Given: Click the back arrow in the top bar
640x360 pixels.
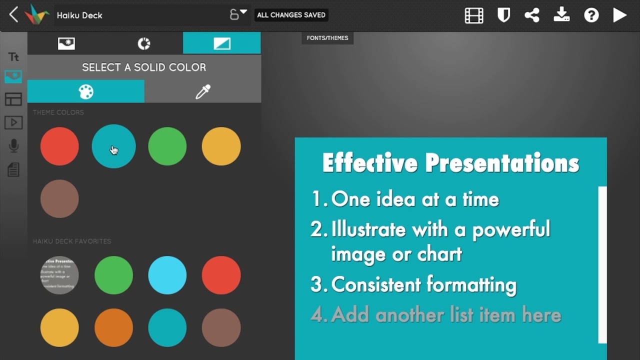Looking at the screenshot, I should pyautogui.click(x=13, y=15).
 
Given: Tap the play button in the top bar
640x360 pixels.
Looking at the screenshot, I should pyautogui.click(x=620, y=15).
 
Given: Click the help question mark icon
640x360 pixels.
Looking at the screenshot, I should pyautogui.click(x=591, y=15).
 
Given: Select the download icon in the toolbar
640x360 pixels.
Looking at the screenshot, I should pyautogui.click(x=561, y=15).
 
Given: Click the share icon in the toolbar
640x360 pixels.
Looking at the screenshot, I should pyautogui.click(x=532, y=15).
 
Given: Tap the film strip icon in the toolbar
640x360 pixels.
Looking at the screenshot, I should pyautogui.click(x=474, y=15).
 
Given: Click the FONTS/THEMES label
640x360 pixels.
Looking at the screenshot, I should pyautogui.click(x=327, y=38).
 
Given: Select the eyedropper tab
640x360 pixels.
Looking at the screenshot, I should pyautogui.click(x=202, y=91).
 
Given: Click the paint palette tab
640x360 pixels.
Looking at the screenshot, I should pyautogui.click(x=86, y=91).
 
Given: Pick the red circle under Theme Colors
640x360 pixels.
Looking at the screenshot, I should pyautogui.click(x=59, y=146).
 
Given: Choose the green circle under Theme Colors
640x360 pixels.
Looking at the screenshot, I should pyautogui.click(x=167, y=146).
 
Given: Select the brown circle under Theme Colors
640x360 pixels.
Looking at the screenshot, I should pyautogui.click(x=59, y=198).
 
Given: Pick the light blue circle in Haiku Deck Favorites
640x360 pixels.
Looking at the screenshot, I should pyautogui.click(x=167, y=275).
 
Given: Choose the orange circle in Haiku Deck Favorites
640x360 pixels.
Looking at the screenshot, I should pyautogui.click(x=113, y=327).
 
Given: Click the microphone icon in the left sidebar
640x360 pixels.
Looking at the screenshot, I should pyautogui.click(x=13, y=146).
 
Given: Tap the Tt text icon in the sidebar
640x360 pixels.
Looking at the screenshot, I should pyautogui.click(x=13, y=57).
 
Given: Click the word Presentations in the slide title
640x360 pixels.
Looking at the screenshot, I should pyautogui.click(x=502, y=163).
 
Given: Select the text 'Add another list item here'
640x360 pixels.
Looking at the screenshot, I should pyautogui.click(x=446, y=315).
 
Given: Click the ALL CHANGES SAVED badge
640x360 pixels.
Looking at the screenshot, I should pyautogui.click(x=291, y=15).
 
